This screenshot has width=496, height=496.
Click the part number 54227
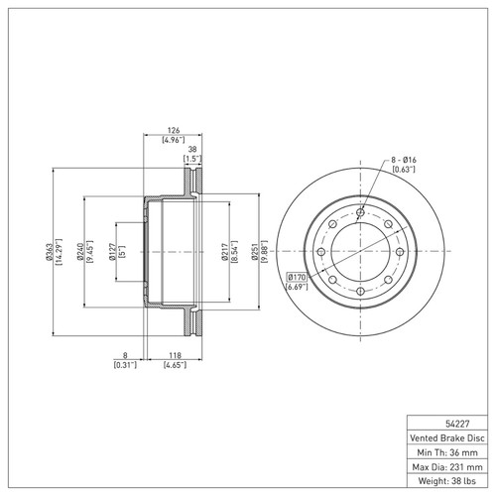(457, 424)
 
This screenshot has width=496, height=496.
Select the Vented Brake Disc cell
(447, 437)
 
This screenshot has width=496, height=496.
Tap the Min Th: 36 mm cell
(447, 452)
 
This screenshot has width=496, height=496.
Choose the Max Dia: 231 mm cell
(447, 466)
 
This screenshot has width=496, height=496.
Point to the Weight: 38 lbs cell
(447, 480)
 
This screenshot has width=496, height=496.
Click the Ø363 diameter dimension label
(49, 252)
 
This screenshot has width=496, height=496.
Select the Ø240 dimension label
(79, 252)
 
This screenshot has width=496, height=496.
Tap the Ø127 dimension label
(112, 252)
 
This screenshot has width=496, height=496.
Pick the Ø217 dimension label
(225, 252)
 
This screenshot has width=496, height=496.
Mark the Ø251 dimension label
(255, 252)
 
